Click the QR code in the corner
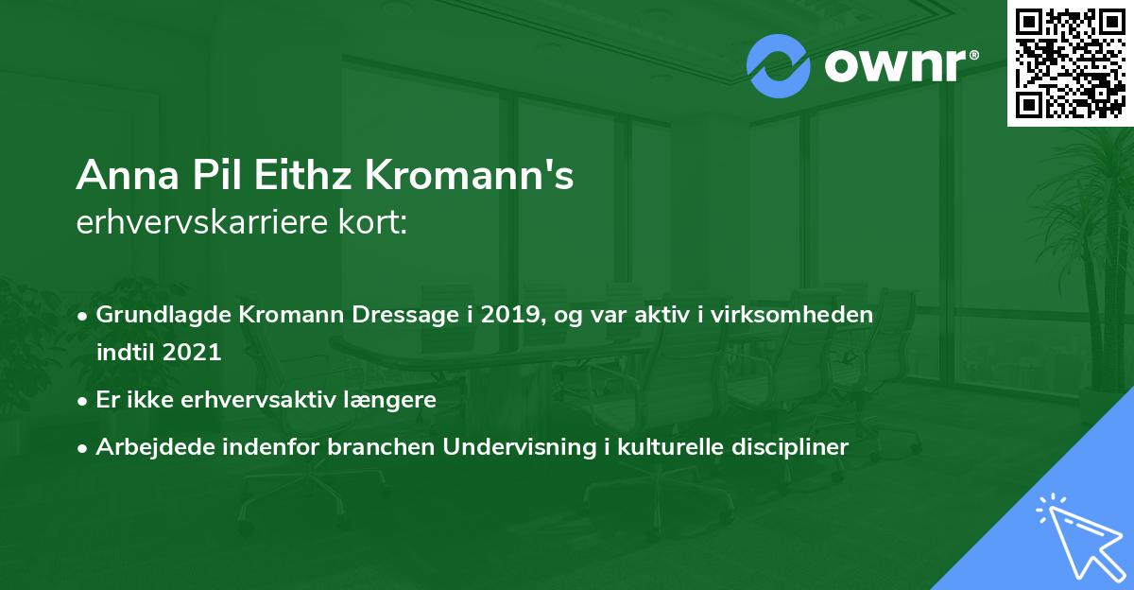[x=1070, y=63]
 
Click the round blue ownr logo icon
[x=778, y=65]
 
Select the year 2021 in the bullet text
[x=192, y=353]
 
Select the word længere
[x=390, y=399]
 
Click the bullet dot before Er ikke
[x=84, y=400]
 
